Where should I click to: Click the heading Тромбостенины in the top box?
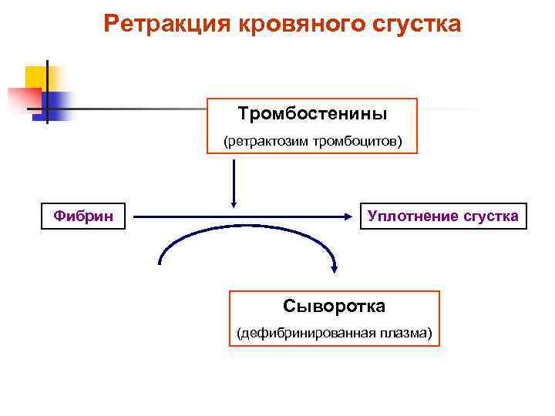(312, 114)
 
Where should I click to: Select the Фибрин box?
(83, 216)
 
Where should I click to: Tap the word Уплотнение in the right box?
(413, 216)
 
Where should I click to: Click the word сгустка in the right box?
(490, 216)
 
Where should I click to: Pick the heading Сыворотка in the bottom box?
(334, 306)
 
